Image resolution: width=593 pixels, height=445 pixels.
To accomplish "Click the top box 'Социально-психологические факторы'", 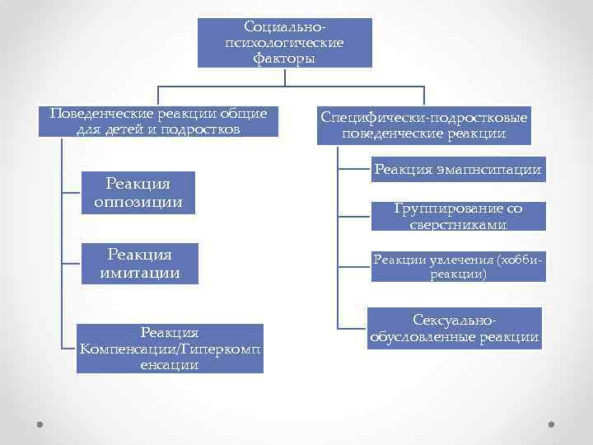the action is coord(284,42).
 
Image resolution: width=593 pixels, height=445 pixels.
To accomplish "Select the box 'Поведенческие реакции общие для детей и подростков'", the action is coord(158,121).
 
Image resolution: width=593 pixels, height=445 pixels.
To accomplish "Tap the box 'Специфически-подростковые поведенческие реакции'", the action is coord(423,124).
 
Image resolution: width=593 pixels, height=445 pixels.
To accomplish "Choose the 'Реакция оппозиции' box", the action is coord(138,193).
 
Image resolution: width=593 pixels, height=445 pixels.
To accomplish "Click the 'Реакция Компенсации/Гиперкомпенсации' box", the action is coord(170,349).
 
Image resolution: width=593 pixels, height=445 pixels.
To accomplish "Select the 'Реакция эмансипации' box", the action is coord(457,170).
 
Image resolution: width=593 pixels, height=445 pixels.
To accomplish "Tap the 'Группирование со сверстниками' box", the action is coord(457,216).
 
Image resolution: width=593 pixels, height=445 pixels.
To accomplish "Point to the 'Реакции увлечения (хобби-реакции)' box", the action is coord(457,266).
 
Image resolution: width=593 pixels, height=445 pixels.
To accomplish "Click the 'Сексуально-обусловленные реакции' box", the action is coord(454,328).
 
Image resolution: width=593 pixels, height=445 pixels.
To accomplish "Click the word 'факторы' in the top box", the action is coord(284,59).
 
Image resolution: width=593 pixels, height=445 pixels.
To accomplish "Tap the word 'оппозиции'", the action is coord(138,202).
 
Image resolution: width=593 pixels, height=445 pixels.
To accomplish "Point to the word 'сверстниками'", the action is coord(457,225).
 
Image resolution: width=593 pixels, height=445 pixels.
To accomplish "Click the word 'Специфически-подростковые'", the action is coord(423,116).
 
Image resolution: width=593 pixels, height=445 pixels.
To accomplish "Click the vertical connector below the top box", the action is coord(284,77).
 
